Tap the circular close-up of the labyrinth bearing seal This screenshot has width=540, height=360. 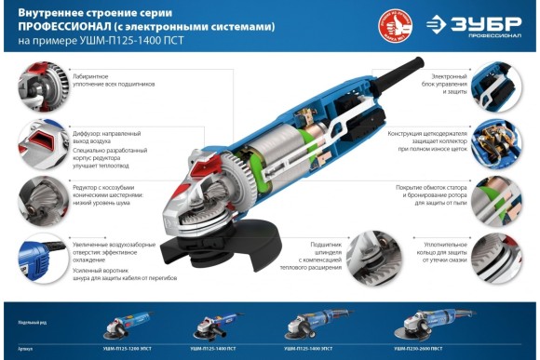tap(38, 82)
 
